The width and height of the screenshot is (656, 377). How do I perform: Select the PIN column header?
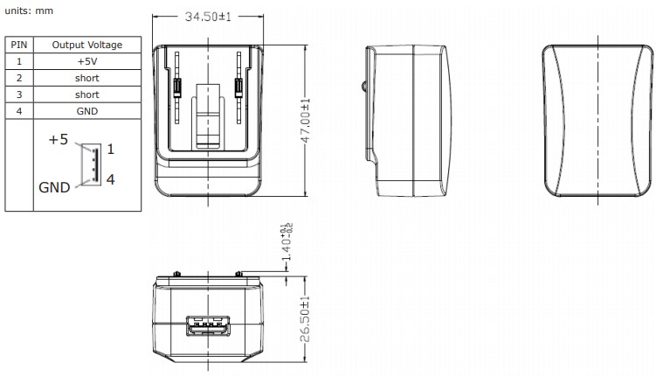click(18, 45)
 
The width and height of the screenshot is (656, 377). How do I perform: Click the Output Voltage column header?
click(86, 45)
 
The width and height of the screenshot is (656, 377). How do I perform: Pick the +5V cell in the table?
click(86, 61)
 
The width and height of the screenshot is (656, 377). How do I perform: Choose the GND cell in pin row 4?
click(86, 111)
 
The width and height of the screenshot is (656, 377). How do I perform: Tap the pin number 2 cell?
click(18, 78)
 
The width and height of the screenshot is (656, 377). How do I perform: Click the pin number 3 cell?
click(18, 94)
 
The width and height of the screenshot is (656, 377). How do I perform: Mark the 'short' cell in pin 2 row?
click(86, 78)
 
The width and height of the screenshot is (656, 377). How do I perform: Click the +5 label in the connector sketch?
click(58, 140)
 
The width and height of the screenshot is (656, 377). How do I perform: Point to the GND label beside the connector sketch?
click(55, 187)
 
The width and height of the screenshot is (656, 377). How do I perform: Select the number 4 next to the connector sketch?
click(111, 179)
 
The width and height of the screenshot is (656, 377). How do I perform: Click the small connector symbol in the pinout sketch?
click(89, 164)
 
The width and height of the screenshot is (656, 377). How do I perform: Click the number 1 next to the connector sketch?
click(111, 149)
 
